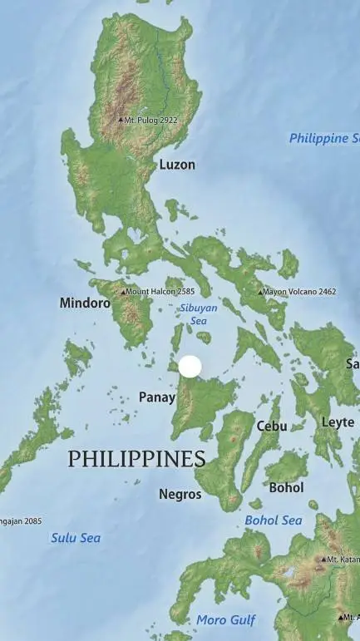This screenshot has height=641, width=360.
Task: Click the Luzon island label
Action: [177, 165]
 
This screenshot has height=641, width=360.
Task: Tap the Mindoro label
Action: [85, 303]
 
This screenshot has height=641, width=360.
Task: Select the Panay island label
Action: [156, 397]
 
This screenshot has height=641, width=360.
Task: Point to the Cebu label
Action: [272, 426]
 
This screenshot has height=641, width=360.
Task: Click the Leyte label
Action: [338, 422]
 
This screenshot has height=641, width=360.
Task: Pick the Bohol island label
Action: [286, 487]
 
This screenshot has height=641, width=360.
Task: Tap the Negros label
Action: [180, 494]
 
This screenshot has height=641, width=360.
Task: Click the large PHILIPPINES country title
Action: [136, 458]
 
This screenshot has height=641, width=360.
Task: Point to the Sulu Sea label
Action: [76, 538]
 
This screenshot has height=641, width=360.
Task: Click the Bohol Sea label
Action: [274, 520]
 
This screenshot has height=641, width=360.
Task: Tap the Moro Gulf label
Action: [226, 619]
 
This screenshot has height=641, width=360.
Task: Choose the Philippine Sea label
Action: [324, 138]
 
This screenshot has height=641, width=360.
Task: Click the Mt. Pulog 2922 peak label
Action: [151, 120]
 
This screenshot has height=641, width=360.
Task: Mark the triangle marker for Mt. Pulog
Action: [121, 120]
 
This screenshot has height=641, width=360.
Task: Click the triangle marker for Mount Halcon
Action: [124, 292]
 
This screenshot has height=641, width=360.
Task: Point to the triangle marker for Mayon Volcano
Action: [260, 292]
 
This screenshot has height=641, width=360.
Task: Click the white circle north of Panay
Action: [190, 367]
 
